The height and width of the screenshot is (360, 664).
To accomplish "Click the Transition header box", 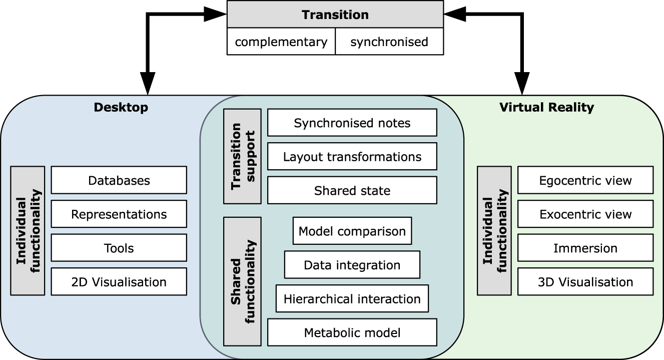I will click(x=335, y=15).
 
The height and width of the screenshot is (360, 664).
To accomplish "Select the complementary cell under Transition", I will click(x=281, y=42).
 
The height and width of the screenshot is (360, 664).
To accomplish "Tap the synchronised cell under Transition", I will click(x=389, y=42).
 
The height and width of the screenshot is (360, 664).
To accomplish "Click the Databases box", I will click(x=119, y=180).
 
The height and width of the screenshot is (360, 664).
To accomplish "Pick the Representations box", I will click(x=119, y=214).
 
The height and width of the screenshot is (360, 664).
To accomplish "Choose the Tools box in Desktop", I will click(x=119, y=248).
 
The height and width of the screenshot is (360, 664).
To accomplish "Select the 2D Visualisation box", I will click(x=119, y=282).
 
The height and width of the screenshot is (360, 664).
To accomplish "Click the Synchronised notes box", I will click(x=352, y=123).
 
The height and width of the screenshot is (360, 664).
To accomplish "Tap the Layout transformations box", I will click(x=352, y=157).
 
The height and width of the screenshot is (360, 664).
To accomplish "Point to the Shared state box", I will click(x=352, y=190).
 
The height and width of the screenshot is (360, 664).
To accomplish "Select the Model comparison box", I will click(x=352, y=231).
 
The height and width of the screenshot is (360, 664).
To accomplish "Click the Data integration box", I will click(x=352, y=265).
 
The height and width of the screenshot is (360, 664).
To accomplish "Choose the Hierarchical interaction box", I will click(x=352, y=299).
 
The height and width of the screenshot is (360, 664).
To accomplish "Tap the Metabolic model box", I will click(x=352, y=332).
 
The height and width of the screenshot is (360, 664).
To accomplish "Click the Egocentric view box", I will click(x=585, y=180).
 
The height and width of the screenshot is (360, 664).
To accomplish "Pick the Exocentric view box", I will click(x=585, y=214).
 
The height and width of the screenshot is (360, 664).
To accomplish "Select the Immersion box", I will click(x=585, y=248).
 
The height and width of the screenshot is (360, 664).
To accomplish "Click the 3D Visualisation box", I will click(x=585, y=282).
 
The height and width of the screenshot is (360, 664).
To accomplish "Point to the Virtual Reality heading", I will click(x=546, y=107).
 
